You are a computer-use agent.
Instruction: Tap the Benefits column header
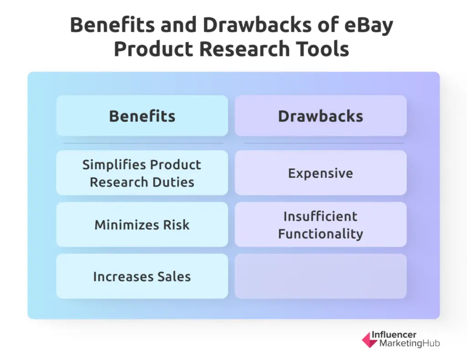(x=142, y=116)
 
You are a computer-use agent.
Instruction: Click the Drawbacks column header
(x=321, y=116)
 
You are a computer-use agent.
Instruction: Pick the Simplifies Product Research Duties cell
(x=142, y=173)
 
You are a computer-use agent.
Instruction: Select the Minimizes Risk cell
(x=142, y=224)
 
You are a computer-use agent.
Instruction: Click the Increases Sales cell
(x=142, y=276)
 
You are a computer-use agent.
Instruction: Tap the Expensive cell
(x=321, y=173)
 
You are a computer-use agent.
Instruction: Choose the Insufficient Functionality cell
(x=321, y=224)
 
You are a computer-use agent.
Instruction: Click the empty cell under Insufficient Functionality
(x=321, y=276)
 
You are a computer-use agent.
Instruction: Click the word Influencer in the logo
(x=394, y=335)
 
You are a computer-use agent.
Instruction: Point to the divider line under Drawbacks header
(x=323, y=143)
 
